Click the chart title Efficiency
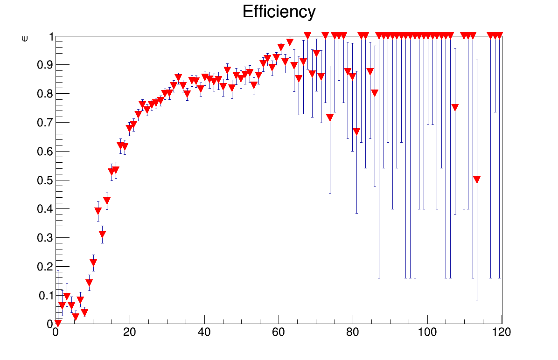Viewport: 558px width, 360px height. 279,12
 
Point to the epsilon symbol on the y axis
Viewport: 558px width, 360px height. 25,39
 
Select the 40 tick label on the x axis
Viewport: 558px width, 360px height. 204,332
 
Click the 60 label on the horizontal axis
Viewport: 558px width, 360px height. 279,332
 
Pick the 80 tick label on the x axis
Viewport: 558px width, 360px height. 353,332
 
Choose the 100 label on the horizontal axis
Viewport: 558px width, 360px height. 427,332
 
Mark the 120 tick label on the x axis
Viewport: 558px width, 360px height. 502,332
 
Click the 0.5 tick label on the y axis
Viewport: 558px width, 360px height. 43,180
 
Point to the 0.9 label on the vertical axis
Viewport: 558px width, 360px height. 43,65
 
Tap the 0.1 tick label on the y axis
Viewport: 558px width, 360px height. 43,296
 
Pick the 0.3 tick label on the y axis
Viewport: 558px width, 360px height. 43,238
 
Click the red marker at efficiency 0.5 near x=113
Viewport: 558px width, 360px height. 477,180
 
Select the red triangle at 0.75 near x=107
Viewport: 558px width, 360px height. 455,107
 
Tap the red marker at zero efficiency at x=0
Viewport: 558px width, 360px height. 57,323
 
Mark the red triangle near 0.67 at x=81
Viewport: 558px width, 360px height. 356,132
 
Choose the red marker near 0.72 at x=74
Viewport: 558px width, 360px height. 330,117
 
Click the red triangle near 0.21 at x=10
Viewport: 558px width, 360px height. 93,263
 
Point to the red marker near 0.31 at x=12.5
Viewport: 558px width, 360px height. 102,234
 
